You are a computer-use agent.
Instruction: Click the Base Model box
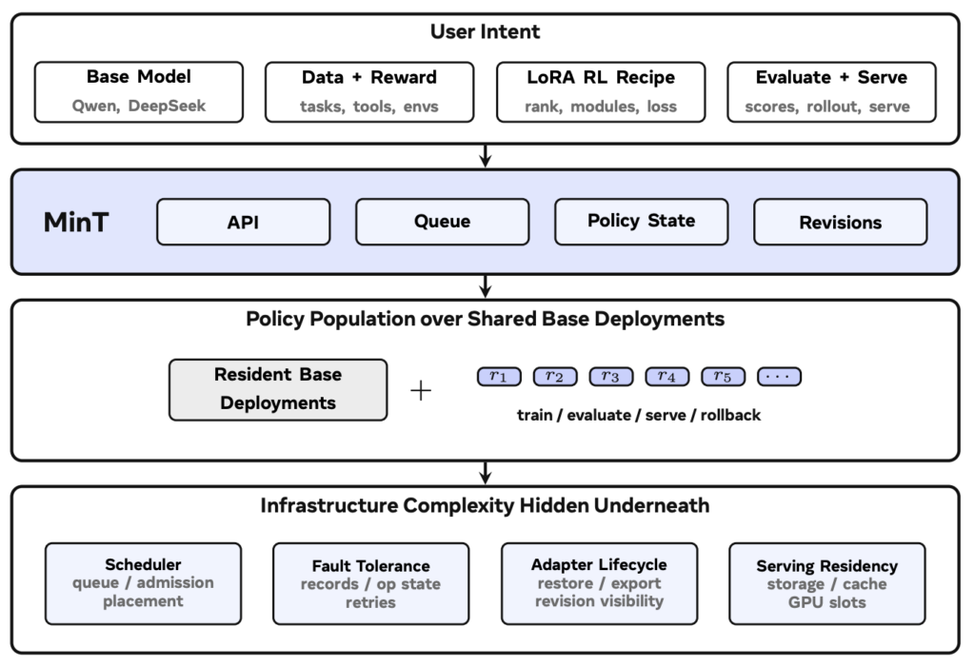tap(139, 92)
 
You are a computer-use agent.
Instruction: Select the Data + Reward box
tap(369, 92)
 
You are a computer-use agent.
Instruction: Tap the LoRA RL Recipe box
tap(601, 92)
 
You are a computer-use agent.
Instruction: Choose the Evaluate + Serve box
tap(831, 92)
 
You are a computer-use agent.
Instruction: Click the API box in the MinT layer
tap(243, 222)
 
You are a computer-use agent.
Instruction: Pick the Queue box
tap(442, 222)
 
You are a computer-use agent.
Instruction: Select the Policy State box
tap(641, 222)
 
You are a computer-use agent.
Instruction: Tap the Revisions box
tap(840, 222)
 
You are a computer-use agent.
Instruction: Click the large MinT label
tap(76, 222)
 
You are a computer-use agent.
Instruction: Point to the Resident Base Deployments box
tap(278, 390)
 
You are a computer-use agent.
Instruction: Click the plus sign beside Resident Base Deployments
tap(421, 390)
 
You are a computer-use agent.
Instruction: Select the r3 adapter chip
tap(611, 377)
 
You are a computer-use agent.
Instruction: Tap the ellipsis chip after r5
tap(779, 377)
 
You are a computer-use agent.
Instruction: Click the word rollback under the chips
tap(730, 415)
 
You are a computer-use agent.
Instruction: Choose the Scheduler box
tap(143, 583)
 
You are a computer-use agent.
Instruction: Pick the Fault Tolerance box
tap(370, 583)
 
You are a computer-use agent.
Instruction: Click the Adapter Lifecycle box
tap(600, 583)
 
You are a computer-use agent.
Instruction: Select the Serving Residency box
tap(827, 583)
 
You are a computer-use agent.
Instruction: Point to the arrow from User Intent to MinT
tap(486, 156)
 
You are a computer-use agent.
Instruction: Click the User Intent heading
tap(485, 31)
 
